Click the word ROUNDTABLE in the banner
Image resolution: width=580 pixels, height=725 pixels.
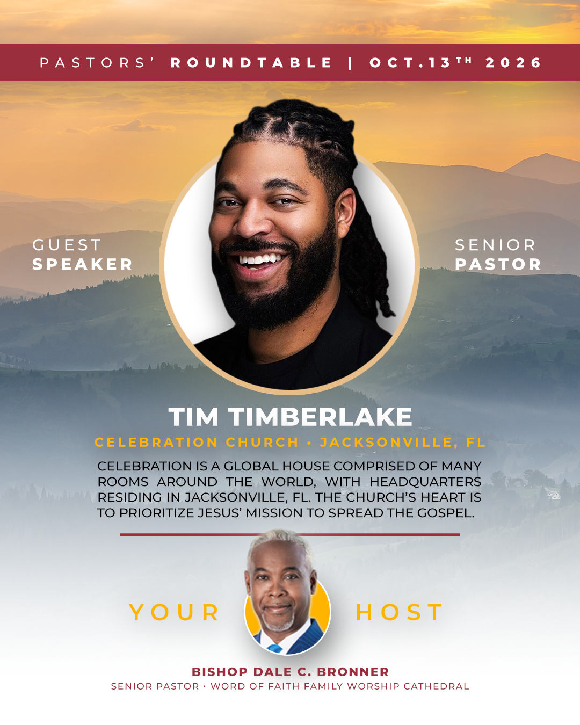[251, 63]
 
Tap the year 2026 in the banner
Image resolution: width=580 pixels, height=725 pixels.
[513, 63]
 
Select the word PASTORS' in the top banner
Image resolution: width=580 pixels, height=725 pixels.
[97, 62]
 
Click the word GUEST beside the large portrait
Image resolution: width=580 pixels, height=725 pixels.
[67, 245]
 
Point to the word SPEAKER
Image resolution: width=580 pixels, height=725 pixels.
[82, 264]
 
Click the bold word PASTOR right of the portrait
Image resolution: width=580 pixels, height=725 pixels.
[498, 264]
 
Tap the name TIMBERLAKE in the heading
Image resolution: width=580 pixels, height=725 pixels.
[321, 417]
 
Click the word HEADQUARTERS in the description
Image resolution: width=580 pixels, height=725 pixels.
[425, 482]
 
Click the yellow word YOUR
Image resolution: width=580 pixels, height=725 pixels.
[174, 612]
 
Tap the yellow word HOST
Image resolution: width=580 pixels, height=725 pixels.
[399, 612]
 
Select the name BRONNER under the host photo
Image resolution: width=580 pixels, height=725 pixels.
[353, 672]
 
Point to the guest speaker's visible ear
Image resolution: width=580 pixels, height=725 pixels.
[346, 213]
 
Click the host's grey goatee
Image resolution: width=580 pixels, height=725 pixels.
[278, 624]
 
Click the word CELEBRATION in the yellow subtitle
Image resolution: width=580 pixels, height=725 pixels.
[156, 443]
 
